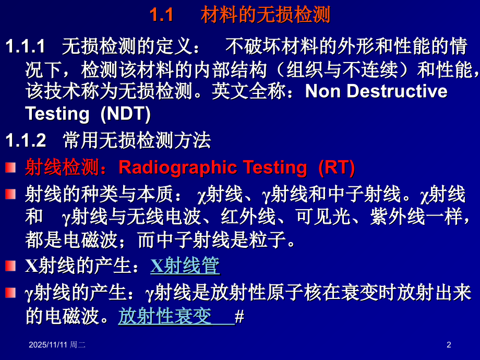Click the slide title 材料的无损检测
[x=265, y=15]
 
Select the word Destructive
[x=397, y=91]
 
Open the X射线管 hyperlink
[x=185, y=266]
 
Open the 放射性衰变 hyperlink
[x=165, y=316]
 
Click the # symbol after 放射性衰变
[x=239, y=317]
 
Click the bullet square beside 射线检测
[x=10, y=168]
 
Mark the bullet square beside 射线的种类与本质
[x=10, y=195]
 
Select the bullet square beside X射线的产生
[x=10, y=266]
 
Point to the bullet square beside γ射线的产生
[x=10, y=293]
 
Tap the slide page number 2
[x=449, y=344]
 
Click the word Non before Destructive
[x=323, y=91]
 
